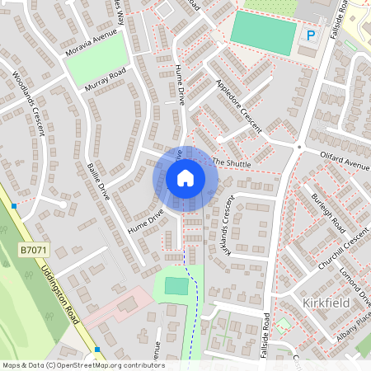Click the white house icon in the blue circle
pos(185,177)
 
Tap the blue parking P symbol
pos(311,35)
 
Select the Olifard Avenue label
pos(345,160)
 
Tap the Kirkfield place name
pos(326,303)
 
